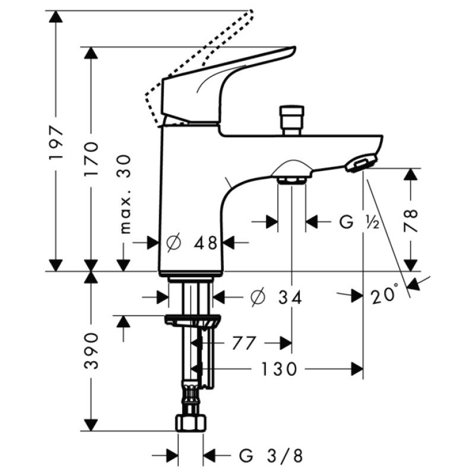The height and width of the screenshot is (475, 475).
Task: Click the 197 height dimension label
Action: [x=56, y=143]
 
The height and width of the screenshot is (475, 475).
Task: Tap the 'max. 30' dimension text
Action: [x=125, y=194]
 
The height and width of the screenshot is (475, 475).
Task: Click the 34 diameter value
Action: [x=289, y=296]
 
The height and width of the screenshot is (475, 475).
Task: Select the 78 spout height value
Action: [x=411, y=220]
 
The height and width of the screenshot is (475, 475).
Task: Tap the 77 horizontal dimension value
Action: [x=243, y=343]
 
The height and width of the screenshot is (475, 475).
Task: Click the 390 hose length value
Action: [x=91, y=351]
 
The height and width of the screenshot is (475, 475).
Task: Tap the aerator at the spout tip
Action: [x=360, y=163]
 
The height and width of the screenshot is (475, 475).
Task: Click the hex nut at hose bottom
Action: [x=191, y=423]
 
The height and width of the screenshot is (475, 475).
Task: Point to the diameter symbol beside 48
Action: [x=174, y=242]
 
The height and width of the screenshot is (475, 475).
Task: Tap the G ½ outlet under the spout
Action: [x=292, y=178]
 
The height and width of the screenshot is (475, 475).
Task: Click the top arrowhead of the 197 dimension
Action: [x=56, y=17]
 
